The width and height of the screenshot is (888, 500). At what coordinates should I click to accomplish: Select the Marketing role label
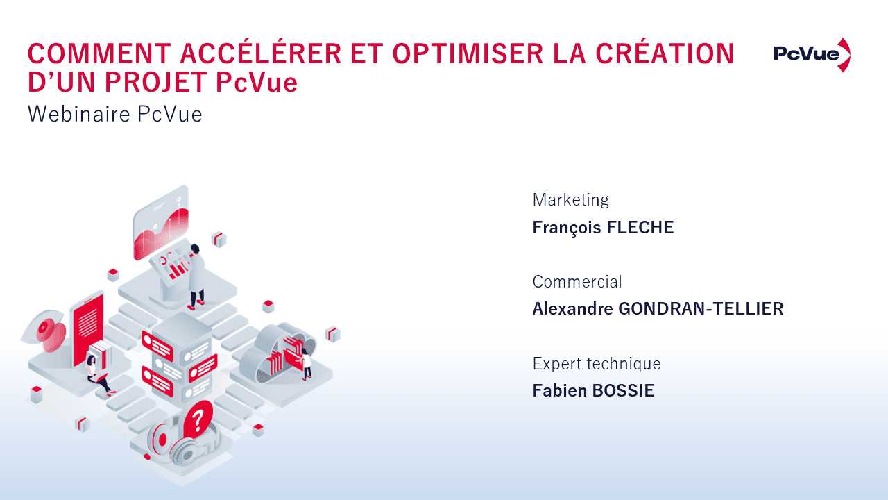pyautogui.click(x=570, y=200)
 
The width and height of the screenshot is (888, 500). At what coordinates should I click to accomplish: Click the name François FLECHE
pyautogui.click(x=603, y=228)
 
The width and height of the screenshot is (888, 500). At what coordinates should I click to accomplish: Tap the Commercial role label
pyautogui.click(x=577, y=282)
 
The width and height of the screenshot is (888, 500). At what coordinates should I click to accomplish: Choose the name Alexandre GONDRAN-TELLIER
pyautogui.click(x=658, y=309)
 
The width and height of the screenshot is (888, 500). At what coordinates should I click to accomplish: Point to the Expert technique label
pyautogui.click(x=596, y=363)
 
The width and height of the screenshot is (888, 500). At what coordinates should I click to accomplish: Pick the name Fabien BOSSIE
pyautogui.click(x=593, y=391)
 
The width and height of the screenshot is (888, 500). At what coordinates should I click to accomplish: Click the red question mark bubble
pyautogui.click(x=198, y=419)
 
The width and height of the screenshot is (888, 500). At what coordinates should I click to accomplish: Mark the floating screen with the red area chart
pyautogui.click(x=161, y=224)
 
